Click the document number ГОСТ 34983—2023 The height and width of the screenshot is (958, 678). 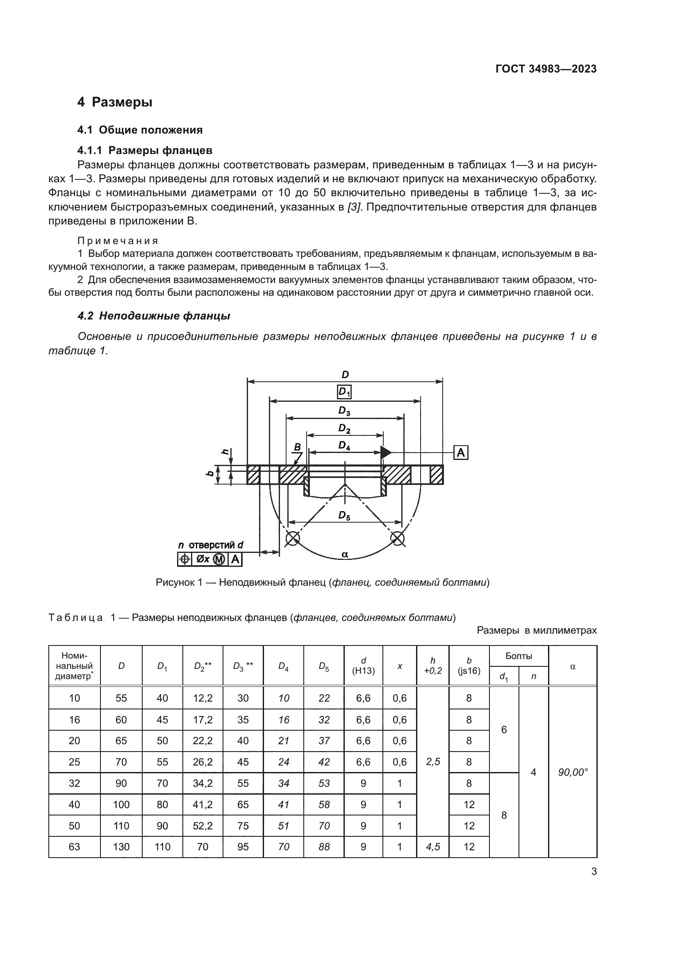coord(546,69)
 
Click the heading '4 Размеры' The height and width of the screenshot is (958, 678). coord(115,102)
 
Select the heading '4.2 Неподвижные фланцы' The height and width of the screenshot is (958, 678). coord(154,316)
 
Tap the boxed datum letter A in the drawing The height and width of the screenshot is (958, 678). coord(461,452)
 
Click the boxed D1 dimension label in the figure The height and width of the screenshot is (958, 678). coord(344,392)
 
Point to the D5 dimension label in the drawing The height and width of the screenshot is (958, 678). coord(344,516)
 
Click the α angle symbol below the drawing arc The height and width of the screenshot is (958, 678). coord(345,555)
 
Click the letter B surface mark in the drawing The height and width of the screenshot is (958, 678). coord(297,447)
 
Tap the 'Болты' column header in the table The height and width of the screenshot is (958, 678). coord(519,656)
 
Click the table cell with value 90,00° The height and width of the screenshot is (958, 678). coord(573,772)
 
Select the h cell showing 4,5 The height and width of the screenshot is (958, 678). coord(433,847)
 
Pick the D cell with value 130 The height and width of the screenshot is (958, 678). coord(121,847)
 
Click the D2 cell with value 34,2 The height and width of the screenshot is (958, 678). coord(202,783)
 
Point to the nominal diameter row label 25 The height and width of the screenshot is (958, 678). coord(74,762)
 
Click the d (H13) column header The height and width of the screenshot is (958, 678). coord(363,666)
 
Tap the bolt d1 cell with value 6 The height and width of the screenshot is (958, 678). coord(504,730)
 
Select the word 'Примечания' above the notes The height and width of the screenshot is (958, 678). coord(118,241)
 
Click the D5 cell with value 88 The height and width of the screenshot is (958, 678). coord(324,847)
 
